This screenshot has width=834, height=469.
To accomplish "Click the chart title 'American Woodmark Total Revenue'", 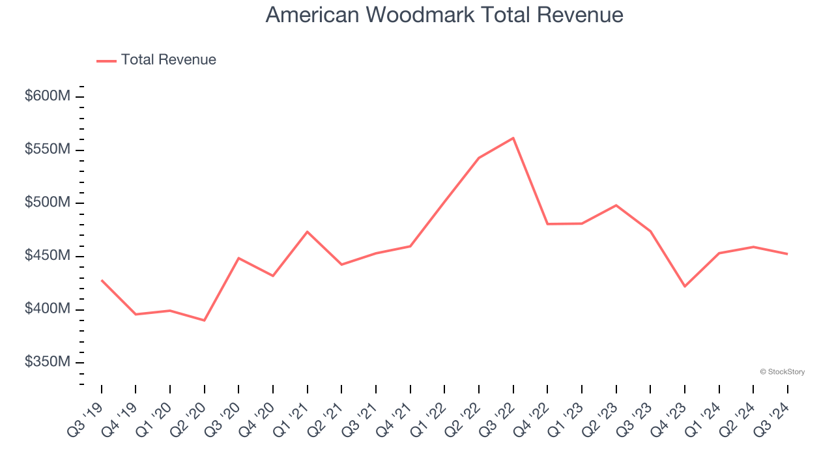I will click(x=444, y=14).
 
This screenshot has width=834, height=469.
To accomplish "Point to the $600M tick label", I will click(x=47, y=96).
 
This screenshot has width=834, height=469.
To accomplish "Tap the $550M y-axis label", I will click(x=47, y=150).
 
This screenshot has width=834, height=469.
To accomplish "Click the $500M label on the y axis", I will click(x=47, y=203).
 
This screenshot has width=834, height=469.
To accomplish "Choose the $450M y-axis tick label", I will click(x=47, y=256).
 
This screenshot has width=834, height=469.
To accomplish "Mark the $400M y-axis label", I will click(x=47, y=309).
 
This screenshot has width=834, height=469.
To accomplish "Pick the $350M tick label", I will click(x=47, y=362).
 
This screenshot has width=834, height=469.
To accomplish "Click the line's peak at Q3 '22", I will click(x=513, y=138).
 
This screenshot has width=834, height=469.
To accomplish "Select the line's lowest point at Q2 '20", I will click(x=205, y=320).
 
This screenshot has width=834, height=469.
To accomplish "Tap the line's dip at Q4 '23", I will click(x=685, y=287).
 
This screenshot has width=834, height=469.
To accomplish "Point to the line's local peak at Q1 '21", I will click(x=307, y=232).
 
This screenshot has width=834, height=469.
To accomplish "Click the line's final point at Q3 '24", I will click(x=787, y=254).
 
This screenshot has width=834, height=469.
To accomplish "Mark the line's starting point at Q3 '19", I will click(x=102, y=280).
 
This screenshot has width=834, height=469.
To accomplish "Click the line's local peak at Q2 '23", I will click(x=616, y=205).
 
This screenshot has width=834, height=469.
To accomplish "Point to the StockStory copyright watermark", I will click(x=782, y=372).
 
